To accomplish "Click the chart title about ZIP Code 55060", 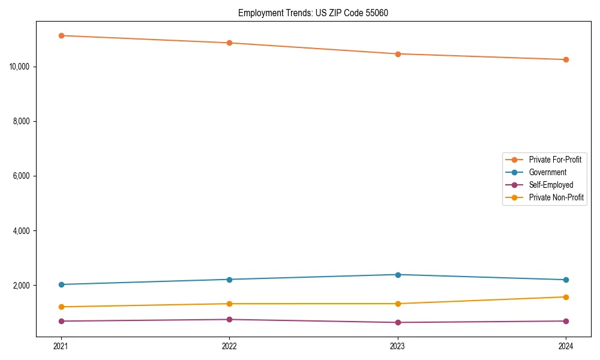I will (313, 13).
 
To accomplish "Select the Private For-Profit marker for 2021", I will (61, 35).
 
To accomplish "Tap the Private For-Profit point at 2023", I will (398, 54).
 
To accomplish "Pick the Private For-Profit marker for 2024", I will (566, 59).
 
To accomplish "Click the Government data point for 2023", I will (398, 275).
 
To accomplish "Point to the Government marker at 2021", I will (61, 284).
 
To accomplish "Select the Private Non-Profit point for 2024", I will (566, 297).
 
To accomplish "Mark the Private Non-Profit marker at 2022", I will (229, 304).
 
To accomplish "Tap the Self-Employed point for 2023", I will (398, 322).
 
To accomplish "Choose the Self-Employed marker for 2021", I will (61, 321).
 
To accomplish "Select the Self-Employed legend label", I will (551, 185).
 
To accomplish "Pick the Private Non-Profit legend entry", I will (556, 197).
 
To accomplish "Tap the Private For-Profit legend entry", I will (554, 160).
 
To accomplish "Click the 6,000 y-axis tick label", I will (21, 176).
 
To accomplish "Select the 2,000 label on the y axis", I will (21, 286).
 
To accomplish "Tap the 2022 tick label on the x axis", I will (229, 346).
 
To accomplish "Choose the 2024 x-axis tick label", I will (566, 346).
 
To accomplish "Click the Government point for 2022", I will (229, 280).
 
